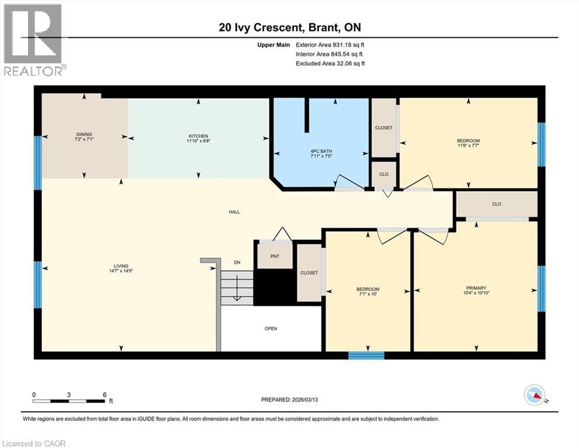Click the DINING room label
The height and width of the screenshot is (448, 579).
83,134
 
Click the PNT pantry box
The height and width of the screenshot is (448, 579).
275,256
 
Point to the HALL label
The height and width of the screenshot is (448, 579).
234,212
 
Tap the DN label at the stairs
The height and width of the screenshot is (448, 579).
237,262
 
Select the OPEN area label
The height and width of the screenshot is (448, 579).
271,328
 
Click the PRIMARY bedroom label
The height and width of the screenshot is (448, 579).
476,288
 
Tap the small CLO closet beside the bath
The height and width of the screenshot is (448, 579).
384,174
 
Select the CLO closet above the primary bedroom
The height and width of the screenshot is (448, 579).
496,204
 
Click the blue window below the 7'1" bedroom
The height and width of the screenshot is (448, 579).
366,355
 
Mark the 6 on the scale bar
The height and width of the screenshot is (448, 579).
104,394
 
